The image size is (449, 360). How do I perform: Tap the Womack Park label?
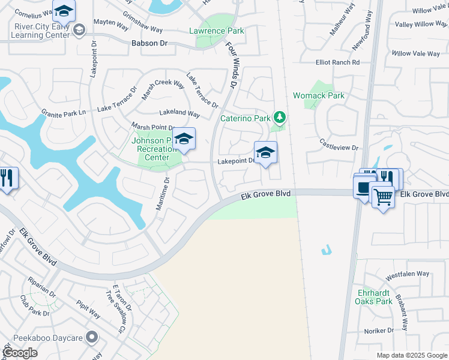click(x=318, y=95)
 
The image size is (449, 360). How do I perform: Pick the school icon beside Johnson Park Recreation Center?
click(x=184, y=139)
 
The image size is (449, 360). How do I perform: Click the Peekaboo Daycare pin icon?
click(x=92, y=337)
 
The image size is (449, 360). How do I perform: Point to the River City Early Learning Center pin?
click(x=78, y=29)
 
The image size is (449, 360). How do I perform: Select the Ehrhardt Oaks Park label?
click(x=375, y=297)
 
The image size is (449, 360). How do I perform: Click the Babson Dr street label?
click(x=149, y=43)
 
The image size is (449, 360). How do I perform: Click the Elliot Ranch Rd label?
click(x=338, y=62)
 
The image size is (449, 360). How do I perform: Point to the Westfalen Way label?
click(x=408, y=274)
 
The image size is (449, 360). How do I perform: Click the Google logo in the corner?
click(x=20, y=352)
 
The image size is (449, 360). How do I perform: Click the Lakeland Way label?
click(x=179, y=113)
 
